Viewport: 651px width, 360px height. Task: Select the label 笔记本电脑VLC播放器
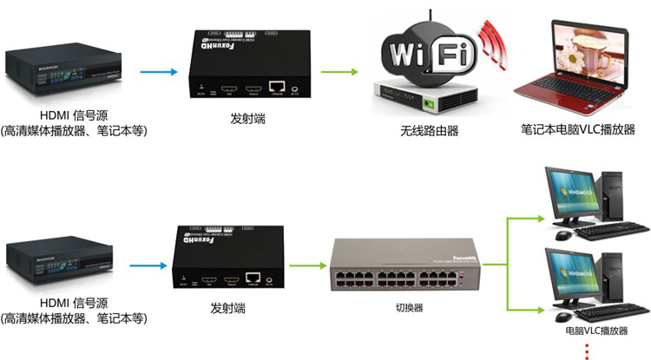coord(577,131)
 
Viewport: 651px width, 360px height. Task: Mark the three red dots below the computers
coord(588,350)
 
